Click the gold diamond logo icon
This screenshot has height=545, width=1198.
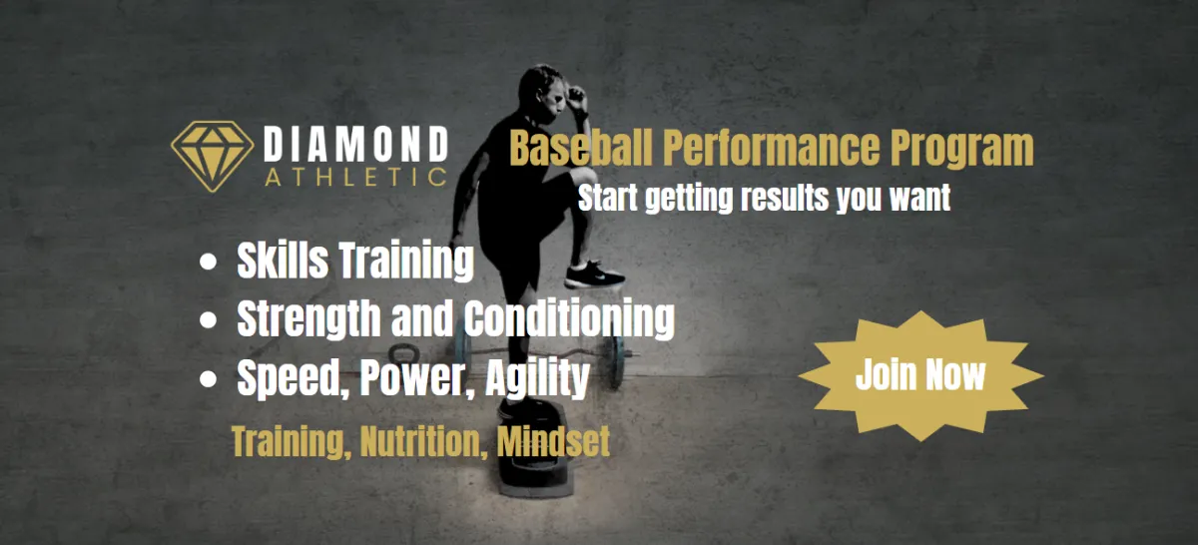(213, 156)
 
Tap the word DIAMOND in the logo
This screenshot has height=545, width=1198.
(356, 145)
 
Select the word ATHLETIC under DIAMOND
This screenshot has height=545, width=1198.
(356, 178)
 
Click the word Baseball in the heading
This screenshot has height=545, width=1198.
(581, 148)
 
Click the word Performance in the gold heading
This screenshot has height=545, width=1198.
(771, 148)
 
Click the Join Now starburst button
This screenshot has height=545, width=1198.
(920, 376)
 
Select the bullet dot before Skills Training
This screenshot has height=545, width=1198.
(208, 263)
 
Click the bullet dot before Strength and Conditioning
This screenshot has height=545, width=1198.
(208, 319)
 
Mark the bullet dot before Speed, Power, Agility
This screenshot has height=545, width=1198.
(208, 378)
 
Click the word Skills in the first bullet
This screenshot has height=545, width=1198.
(283, 261)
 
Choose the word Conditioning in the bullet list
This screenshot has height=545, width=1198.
(569, 319)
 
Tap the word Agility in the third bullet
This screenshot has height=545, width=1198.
(537, 378)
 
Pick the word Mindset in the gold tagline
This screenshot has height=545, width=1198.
(553, 441)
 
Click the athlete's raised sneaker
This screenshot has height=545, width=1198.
(594, 274)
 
